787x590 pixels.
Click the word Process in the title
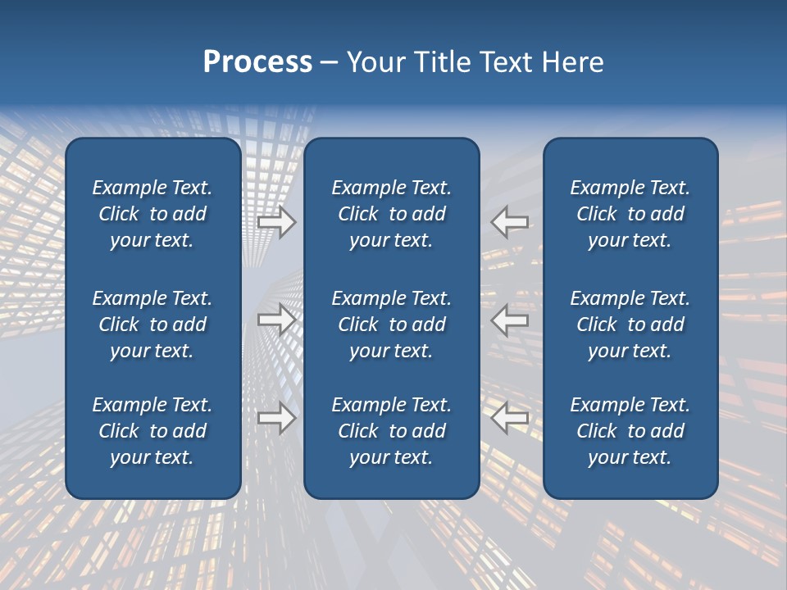(x=257, y=62)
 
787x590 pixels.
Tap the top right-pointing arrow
(x=276, y=222)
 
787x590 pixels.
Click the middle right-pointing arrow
(x=276, y=320)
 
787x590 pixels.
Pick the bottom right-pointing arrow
(x=276, y=418)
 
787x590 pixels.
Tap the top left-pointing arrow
(x=510, y=222)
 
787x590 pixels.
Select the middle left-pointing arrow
(x=510, y=320)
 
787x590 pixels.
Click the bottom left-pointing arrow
(x=510, y=418)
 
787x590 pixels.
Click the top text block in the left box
(x=152, y=214)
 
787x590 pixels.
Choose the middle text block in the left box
(x=152, y=324)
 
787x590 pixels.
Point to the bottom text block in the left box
(x=152, y=431)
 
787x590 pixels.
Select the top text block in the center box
(x=391, y=214)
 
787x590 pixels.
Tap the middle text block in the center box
(x=391, y=324)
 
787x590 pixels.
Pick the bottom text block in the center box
(x=391, y=431)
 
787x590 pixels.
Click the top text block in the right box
(x=630, y=214)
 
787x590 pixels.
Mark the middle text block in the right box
(x=630, y=324)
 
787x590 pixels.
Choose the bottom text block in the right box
(x=630, y=431)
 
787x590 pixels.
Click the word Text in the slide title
(x=505, y=62)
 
